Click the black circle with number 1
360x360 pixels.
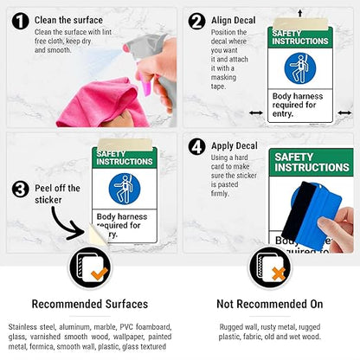(21, 21)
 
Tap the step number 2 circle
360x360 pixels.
(196, 21)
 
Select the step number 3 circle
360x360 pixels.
(21, 190)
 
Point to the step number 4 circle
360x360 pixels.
(196, 147)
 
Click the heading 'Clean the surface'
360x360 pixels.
(68, 20)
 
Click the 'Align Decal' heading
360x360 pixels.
(234, 20)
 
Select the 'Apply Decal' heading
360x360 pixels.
(235, 146)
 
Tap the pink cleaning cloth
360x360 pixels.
(101, 104)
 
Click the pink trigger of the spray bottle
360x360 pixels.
(145, 85)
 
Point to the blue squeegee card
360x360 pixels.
(312, 215)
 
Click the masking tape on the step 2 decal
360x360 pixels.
(300, 23)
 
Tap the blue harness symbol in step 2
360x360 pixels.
(300, 68)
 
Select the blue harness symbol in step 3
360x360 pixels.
(125, 189)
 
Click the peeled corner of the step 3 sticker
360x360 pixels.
(97, 235)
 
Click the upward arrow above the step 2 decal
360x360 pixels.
(300, 13)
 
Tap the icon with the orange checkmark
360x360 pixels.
(90, 267)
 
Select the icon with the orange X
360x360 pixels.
(270, 267)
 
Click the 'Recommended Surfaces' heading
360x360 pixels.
(90, 304)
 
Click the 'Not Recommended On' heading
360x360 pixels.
(270, 304)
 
